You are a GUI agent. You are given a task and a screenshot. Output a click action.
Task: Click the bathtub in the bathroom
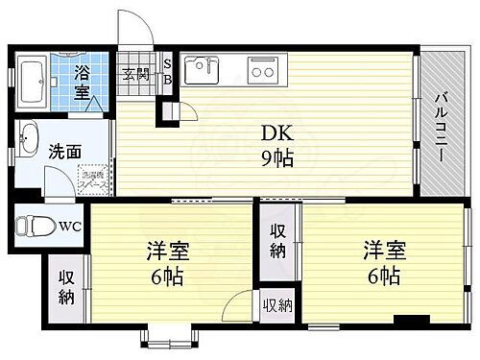34,87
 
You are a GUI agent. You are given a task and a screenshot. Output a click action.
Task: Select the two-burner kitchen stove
262,69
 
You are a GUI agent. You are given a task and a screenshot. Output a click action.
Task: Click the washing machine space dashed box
92,179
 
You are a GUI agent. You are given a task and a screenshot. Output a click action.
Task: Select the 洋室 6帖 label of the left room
167,265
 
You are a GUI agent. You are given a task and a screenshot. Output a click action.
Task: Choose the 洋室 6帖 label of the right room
383,263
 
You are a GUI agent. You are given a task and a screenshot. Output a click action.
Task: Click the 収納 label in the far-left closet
66,287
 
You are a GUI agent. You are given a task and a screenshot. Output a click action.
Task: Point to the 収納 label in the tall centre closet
278,241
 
